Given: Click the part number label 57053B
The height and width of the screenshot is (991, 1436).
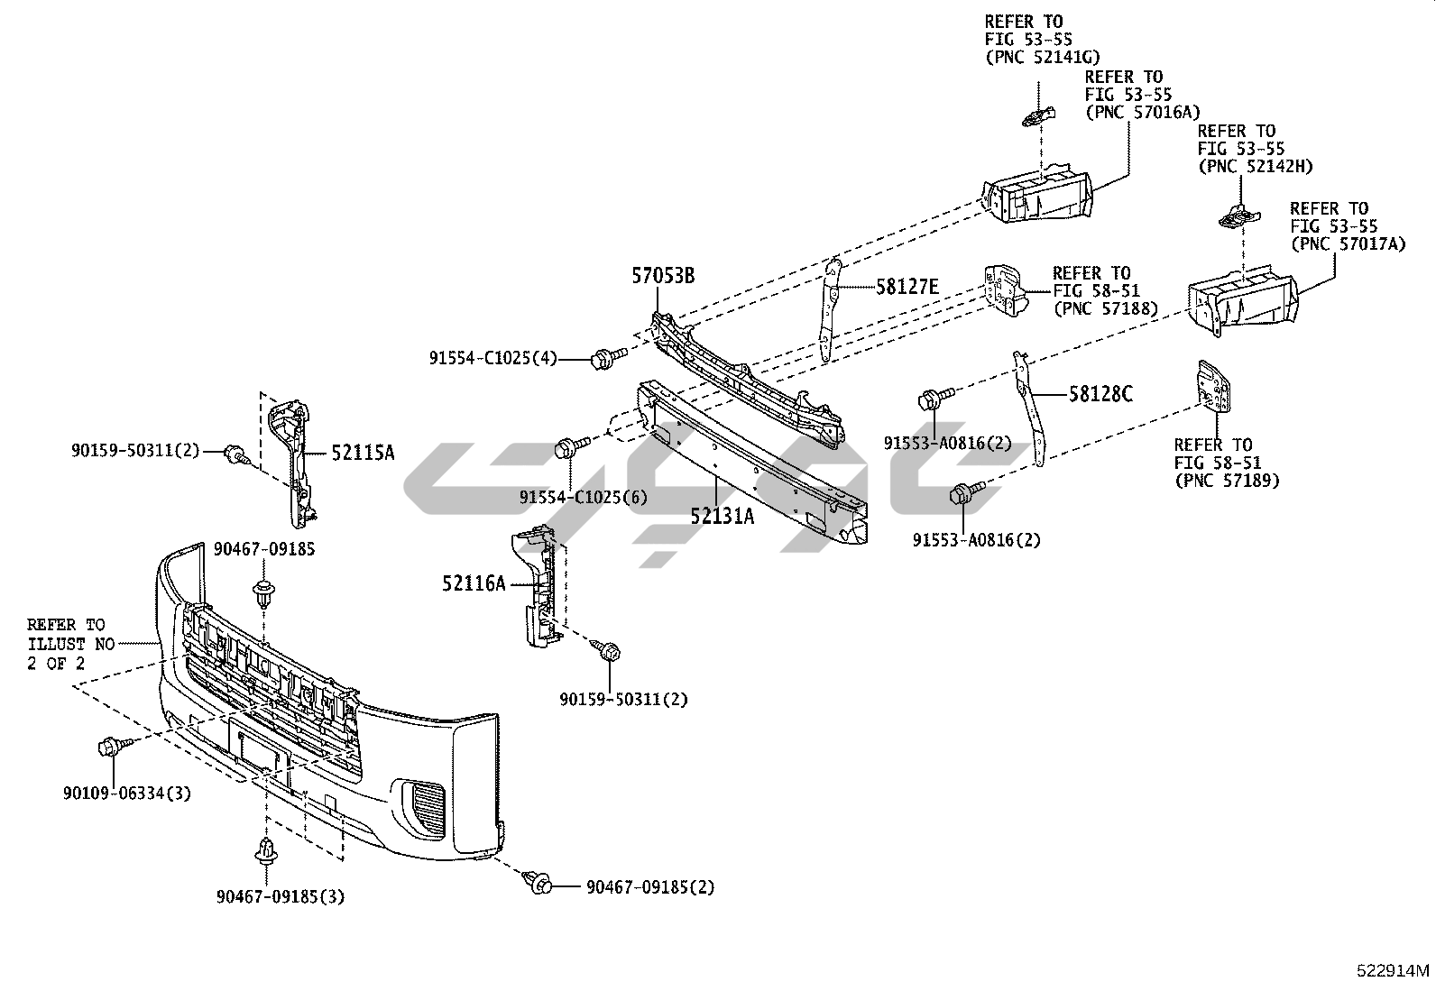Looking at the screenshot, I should [x=662, y=276].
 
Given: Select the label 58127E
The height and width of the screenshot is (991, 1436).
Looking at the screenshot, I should [x=907, y=287].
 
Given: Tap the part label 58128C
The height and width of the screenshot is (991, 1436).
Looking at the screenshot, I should [x=1100, y=393].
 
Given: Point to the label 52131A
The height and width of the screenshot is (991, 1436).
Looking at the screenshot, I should [x=722, y=516].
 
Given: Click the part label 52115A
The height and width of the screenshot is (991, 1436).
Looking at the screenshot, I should [x=363, y=453].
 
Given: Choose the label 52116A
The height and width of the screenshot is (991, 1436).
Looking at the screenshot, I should [x=474, y=583].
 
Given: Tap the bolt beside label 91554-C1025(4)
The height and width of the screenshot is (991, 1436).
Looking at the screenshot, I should [x=602, y=360].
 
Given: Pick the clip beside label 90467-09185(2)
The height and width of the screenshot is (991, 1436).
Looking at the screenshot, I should [x=540, y=883].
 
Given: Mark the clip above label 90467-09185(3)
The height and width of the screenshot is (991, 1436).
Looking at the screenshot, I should [x=267, y=850].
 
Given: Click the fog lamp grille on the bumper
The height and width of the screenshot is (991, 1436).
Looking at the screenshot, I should [x=426, y=808].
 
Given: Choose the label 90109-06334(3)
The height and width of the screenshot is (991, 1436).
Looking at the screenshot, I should [x=127, y=794].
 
